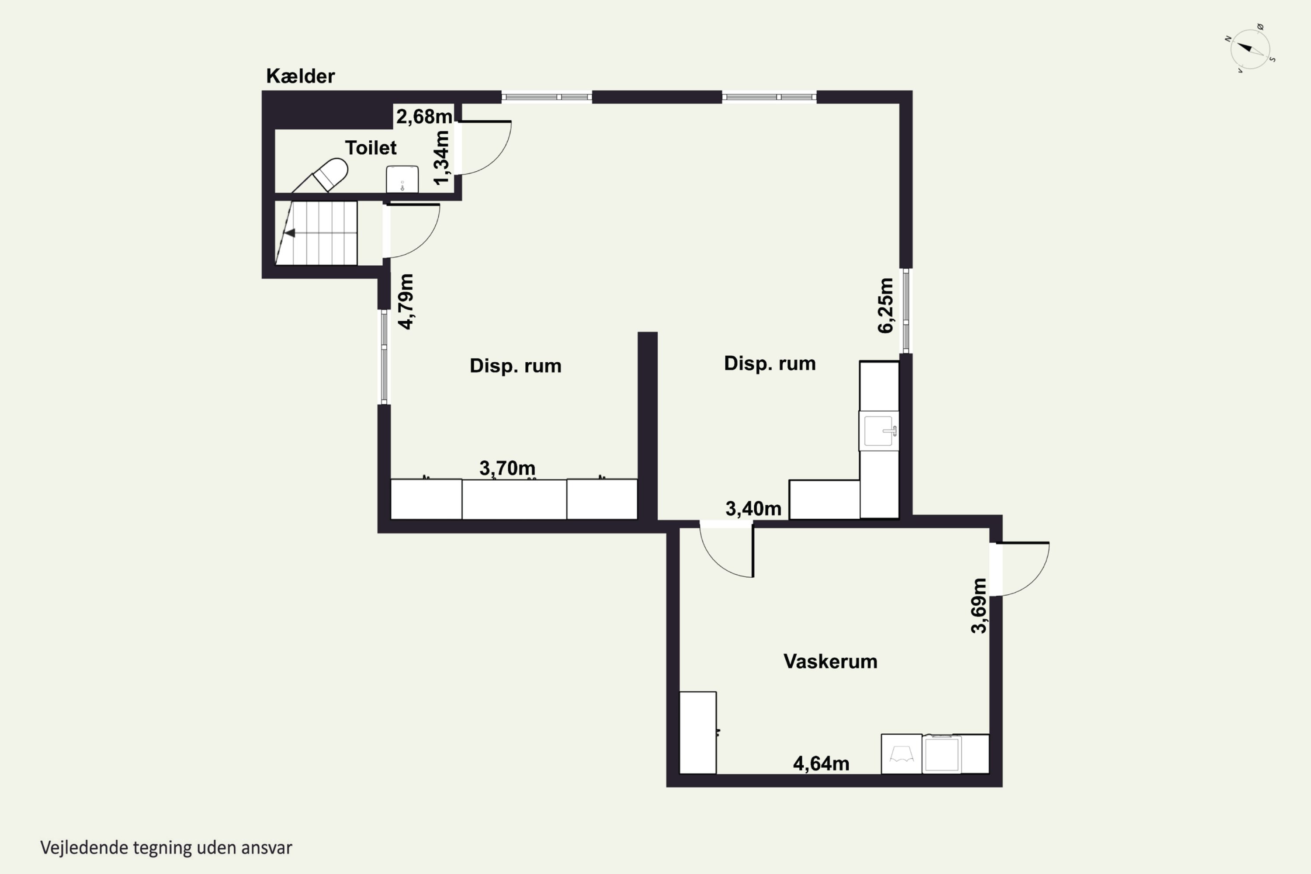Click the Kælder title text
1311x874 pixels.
click(301, 76)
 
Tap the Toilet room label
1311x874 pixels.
click(371, 148)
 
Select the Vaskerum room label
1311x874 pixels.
click(830, 662)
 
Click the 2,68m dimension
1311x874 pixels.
click(424, 117)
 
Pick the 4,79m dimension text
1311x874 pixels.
click(406, 302)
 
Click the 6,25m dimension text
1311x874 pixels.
click(886, 305)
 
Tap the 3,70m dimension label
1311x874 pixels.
click(507, 468)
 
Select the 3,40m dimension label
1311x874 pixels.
click(753, 508)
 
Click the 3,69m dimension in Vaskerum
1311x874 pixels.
click(979, 606)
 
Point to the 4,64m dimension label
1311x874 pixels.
click(821, 763)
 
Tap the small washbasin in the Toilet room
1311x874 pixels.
click(402, 179)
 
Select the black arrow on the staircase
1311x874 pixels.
click(289, 233)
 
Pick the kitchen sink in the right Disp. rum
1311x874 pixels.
click(879, 431)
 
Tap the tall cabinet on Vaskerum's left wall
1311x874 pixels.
click(698, 732)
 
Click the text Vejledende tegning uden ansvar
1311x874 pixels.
click(166, 848)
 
